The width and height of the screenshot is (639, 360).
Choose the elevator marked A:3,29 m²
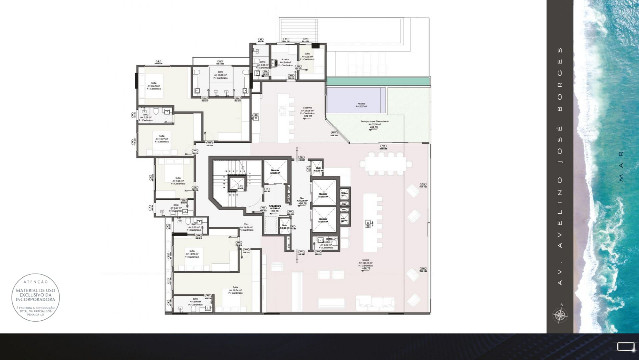tap(275, 172)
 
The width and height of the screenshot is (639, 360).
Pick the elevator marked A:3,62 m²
tap(323, 195)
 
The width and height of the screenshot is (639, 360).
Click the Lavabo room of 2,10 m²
tap(326, 245)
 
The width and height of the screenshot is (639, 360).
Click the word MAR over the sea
tap(621, 166)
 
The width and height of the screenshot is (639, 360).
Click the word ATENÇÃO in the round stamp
tap(36, 282)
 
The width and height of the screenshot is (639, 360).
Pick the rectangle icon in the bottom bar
tap(625, 347)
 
